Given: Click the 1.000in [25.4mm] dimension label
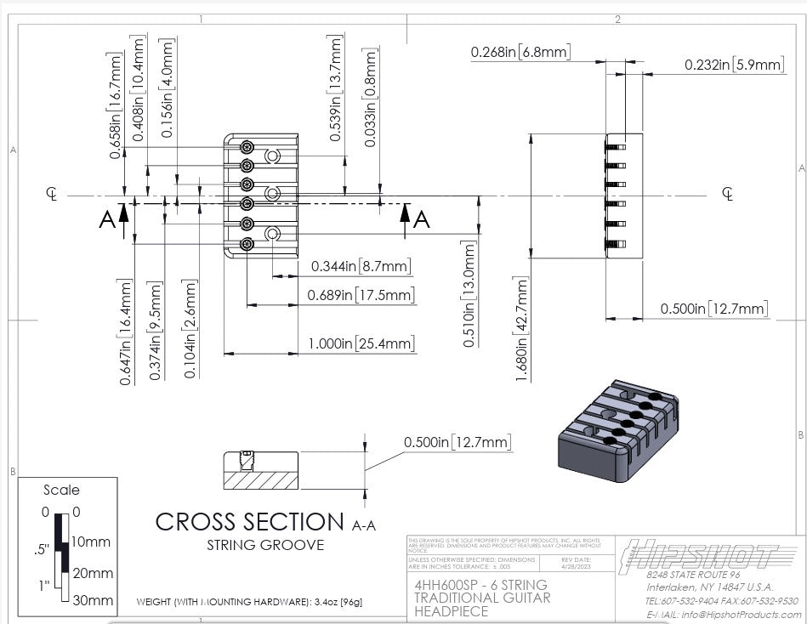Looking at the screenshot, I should pyautogui.click(x=362, y=343).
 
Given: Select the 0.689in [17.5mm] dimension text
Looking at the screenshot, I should pyautogui.click(x=362, y=295).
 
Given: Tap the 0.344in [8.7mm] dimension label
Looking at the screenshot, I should pyautogui.click(x=361, y=266).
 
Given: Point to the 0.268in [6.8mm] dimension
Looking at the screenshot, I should pyautogui.click(x=520, y=53).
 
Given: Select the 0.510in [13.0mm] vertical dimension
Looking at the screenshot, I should pyautogui.click(x=469, y=294).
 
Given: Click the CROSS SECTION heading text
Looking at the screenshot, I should pyautogui.click(x=248, y=520).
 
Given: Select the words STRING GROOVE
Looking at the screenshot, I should pyautogui.click(x=264, y=545).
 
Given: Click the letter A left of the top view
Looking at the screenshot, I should pyautogui.click(x=106, y=220).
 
